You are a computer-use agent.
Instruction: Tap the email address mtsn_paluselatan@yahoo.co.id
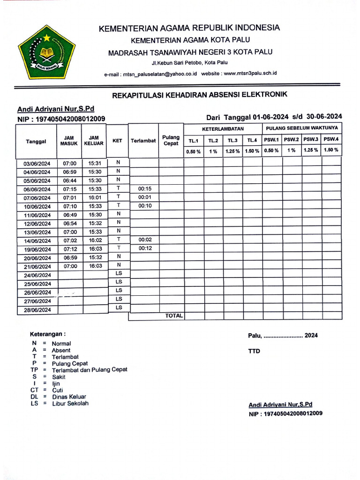[159, 74]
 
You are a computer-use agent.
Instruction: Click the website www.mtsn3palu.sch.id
[250, 74]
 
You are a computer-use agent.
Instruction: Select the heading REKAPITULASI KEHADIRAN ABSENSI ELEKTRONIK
[200, 95]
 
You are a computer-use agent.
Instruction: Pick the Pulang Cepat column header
[171, 140]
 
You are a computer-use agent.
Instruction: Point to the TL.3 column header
[232, 140]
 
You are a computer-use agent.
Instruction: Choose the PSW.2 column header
[291, 139]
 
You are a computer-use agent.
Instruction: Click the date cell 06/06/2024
[37, 189]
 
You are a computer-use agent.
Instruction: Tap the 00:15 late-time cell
[145, 188]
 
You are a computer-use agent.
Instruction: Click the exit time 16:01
[95, 198]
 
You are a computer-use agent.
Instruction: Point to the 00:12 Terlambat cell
[145, 248]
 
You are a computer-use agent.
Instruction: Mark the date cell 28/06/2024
[37, 310]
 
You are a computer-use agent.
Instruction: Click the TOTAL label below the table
[173, 316]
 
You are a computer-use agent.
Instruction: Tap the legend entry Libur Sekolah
[70, 404]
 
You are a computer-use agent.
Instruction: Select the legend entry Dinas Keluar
[69, 397]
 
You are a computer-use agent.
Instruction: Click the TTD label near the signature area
[254, 351]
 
